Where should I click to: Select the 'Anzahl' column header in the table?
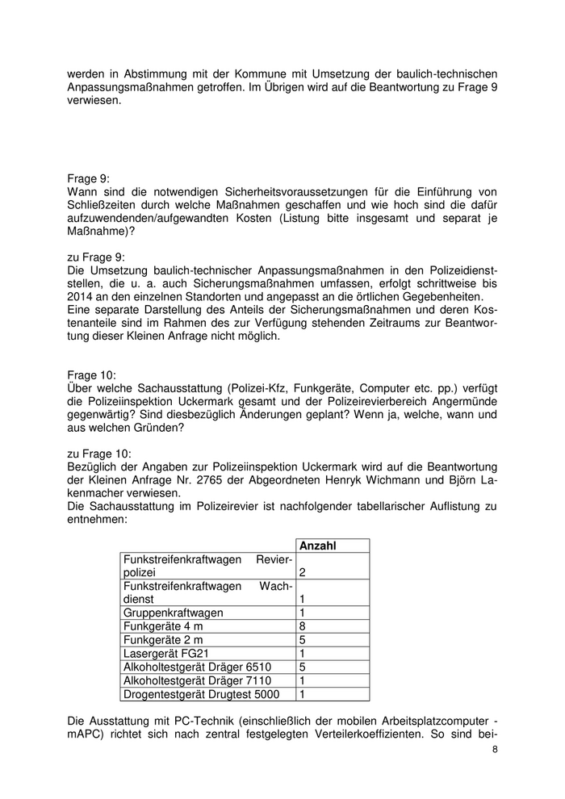317,546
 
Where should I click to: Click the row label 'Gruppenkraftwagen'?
173,613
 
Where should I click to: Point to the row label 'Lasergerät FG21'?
163,654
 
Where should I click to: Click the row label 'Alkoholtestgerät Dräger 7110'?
196,681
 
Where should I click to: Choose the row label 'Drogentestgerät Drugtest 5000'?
201,694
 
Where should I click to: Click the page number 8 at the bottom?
495,751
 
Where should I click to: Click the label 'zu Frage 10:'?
98,454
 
